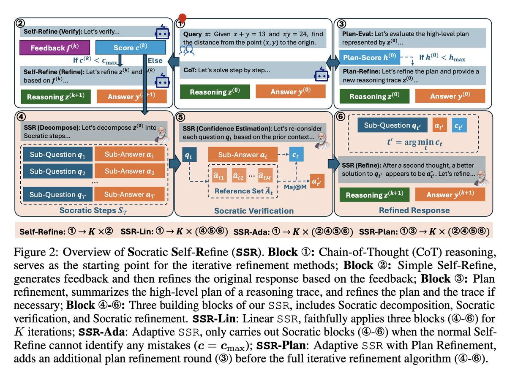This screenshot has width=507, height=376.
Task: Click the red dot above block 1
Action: (x=183, y=18)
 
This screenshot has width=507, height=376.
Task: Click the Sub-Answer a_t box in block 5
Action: (x=240, y=155)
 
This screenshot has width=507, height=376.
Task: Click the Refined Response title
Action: (x=413, y=210)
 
